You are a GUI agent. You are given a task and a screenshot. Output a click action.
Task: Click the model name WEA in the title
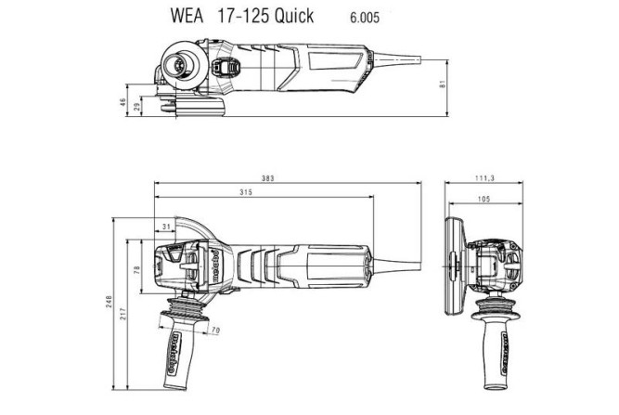tap(210, 16)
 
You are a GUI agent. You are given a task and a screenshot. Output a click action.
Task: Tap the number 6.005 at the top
tap(365, 17)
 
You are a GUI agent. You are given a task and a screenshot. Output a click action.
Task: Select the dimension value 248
tap(109, 303)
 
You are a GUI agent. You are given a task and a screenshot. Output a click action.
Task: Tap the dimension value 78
tap(137, 270)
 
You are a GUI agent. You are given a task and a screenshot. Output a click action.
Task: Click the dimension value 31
tap(166, 226)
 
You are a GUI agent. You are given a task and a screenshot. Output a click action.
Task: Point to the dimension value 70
tap(214, 331)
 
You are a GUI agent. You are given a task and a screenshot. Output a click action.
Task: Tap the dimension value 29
tap(137, 108)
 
